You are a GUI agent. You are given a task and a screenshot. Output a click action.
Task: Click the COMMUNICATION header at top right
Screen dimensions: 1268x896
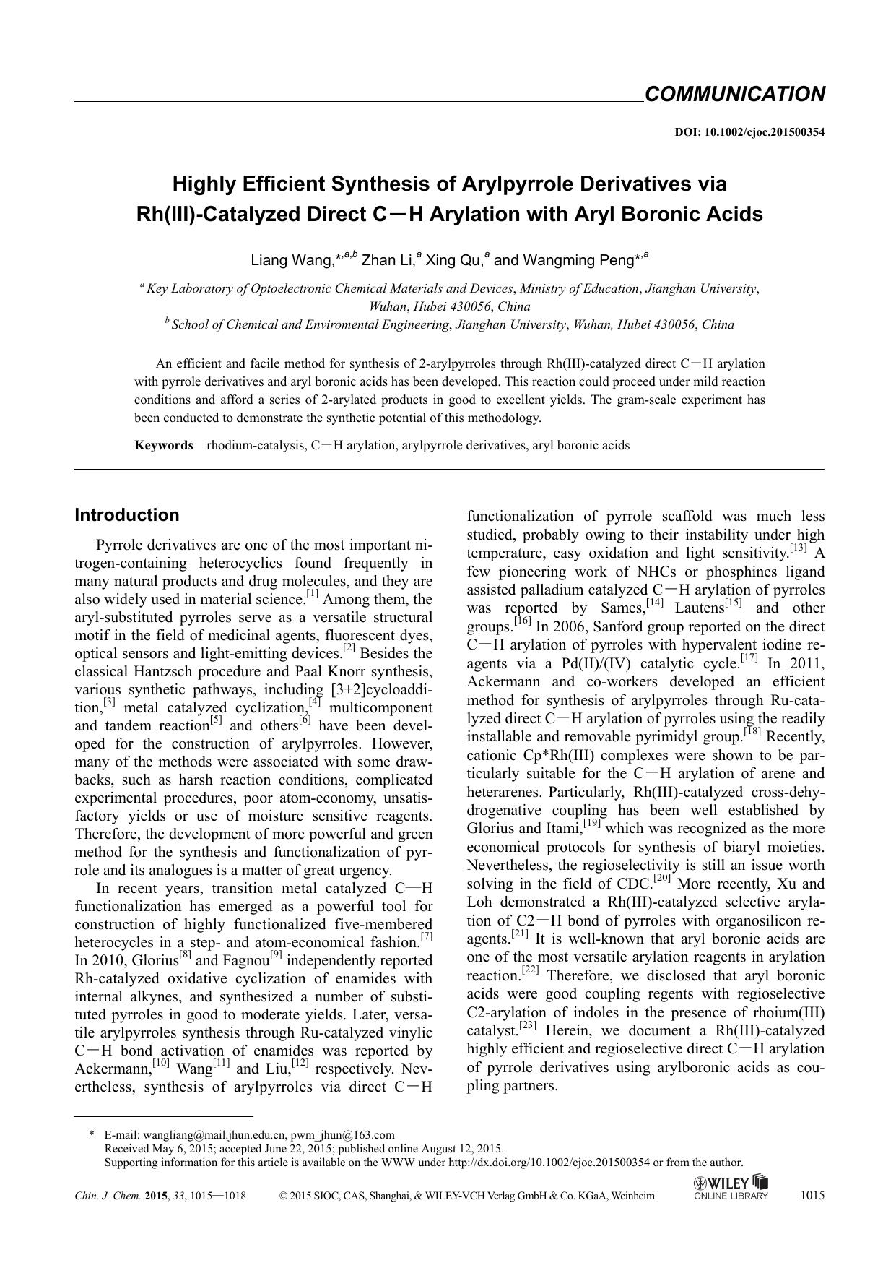tap(734, 95)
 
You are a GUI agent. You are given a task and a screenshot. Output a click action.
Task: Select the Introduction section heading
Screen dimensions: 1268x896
tap(127, 515)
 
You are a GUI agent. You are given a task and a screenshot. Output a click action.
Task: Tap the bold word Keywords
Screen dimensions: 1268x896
tap(164, 445)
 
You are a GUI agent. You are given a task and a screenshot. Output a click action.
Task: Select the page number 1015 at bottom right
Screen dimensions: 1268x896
tap(812, 1195)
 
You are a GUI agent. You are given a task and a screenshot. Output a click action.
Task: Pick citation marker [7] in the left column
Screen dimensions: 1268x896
tap(427, 937)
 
